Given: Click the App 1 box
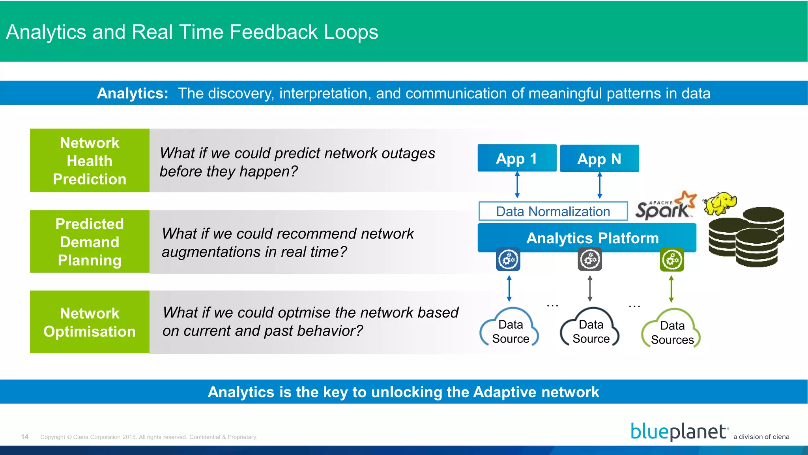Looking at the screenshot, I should (517, 158).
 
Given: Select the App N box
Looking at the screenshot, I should (599, 159).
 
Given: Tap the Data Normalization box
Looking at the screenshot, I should (553, 211).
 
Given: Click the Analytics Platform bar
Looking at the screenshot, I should (587, 238).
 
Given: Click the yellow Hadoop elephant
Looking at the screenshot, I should (721, 203).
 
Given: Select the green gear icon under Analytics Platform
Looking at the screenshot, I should (671, 259).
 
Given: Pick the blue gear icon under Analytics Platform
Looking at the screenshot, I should (508, 259).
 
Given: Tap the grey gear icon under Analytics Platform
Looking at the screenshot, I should (590, 259).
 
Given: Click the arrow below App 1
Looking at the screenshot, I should (517, 185).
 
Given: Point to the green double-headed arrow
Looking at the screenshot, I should (671, 289).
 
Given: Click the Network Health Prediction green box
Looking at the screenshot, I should (90, 160).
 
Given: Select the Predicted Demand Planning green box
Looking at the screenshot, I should (90, 242).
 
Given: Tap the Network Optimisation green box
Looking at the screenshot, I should (90, 322).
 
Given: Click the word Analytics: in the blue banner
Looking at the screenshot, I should (133, 94).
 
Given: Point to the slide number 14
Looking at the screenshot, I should (25, 436).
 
